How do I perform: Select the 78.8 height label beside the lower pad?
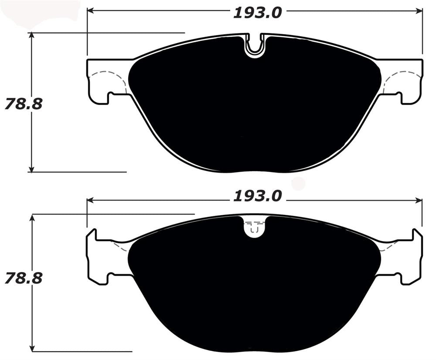pos(24,277)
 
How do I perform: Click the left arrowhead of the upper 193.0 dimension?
pos(91,10)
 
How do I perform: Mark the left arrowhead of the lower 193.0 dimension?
pos(91,200)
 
